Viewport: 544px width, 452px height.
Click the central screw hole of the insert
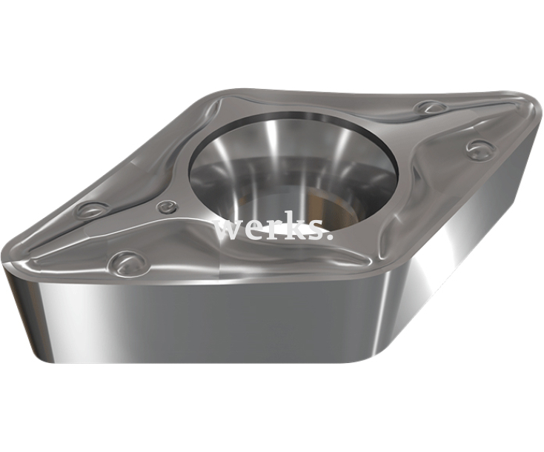coord(293,175)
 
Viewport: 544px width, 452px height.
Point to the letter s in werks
coord(314,230)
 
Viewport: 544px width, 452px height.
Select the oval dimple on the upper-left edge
coord(92,210)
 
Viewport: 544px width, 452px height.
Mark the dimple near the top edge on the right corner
coord(430,109)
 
